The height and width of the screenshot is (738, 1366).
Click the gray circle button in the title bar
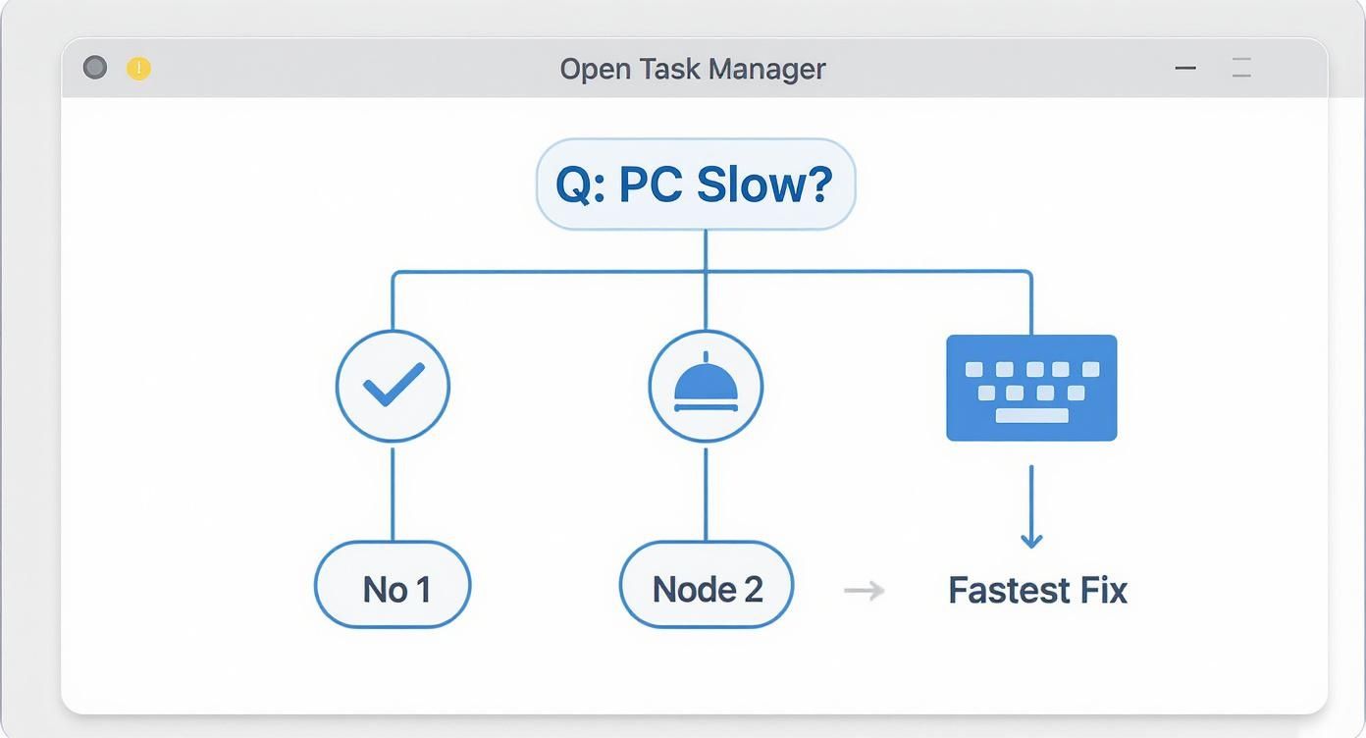tap(95, 68)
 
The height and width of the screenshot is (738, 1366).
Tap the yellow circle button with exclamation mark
tap(139, 69)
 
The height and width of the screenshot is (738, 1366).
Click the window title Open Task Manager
tap(692, 69)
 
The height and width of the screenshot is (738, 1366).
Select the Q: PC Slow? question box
tap(695, 184)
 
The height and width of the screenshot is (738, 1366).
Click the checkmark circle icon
tap(393, 386)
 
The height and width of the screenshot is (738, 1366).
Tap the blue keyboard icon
tap(1030, 388)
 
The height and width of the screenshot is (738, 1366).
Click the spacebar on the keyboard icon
tap(1031, 416)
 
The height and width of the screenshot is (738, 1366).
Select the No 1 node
tap(393, 589)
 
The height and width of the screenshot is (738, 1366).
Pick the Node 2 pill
tap(706, 589)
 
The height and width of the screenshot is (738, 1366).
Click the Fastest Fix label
tap(1037, 591)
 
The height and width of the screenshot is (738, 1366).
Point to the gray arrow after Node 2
tap(864, 590)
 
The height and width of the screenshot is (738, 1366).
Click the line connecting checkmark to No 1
tap(393, 494)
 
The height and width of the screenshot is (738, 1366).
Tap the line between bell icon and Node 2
tap(706, 494)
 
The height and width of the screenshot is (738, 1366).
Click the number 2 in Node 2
tap(753, 589)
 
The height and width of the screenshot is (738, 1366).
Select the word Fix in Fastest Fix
tap(1104, 591)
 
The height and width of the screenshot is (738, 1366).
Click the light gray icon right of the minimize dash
tap(1241, 69)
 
